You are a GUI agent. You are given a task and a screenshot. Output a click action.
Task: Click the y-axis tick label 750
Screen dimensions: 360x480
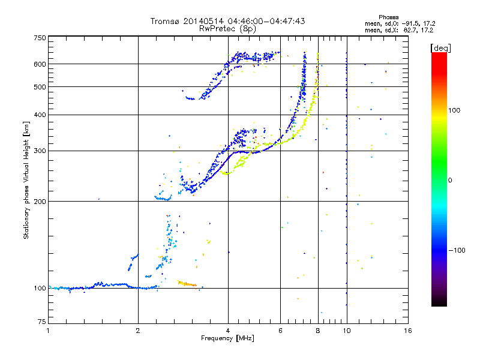[x=40, y=37]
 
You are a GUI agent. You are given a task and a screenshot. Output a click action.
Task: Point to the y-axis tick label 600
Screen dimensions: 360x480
[x=40, y=64]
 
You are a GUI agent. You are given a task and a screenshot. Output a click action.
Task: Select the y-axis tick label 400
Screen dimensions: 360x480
[x=40, y=115]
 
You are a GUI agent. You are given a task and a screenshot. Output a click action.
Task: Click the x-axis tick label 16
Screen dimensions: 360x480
[x=407, y=331]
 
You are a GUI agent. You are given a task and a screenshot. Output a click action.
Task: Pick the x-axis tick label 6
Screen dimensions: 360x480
[x=280, y=331]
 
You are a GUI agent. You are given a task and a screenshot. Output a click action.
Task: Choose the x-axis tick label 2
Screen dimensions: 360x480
[x=138, y=331]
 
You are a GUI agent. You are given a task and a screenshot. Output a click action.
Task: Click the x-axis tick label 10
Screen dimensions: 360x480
[x=346, y=331]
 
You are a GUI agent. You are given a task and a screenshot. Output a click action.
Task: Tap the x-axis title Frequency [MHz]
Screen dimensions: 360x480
[x=228, y=338]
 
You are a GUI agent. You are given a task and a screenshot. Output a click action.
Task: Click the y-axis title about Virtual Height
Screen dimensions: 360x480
[x=26, y=181]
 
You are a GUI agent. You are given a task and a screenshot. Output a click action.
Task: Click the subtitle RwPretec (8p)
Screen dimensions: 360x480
[x=228, y=28]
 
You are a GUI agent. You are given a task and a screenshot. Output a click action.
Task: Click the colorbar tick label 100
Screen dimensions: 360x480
[x=458, y=110]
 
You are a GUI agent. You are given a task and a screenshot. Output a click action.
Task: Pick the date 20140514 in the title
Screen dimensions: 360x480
[x=202, y=21]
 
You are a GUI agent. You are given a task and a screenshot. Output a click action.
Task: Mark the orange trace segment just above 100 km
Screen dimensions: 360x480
[x=187, y=283]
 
